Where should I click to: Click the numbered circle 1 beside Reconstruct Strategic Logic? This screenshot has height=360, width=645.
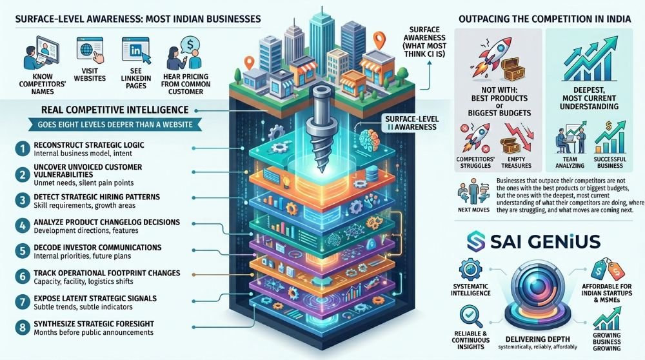(x=23, y=149)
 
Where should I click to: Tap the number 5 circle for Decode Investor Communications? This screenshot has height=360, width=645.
(x=23, y=251)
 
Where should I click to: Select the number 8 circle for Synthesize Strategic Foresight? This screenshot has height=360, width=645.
(x=23, y=328)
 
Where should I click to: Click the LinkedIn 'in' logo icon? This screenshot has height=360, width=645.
(x=135, y=50)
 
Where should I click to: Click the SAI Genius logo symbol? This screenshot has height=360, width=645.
(x=476, y=241)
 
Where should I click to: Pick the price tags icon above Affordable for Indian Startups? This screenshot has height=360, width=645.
(x=607, y=270)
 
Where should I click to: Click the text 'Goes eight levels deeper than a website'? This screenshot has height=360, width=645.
(x=115, y=125)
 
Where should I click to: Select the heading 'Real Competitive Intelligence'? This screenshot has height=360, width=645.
(x=115, y=110)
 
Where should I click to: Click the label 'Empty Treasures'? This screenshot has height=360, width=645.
(x=516, y=162)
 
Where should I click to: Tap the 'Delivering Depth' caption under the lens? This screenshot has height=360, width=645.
(x=537, y=339)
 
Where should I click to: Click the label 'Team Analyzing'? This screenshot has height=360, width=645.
(x=570, y=162)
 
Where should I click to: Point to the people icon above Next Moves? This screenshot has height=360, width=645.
(x=473, y=192)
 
